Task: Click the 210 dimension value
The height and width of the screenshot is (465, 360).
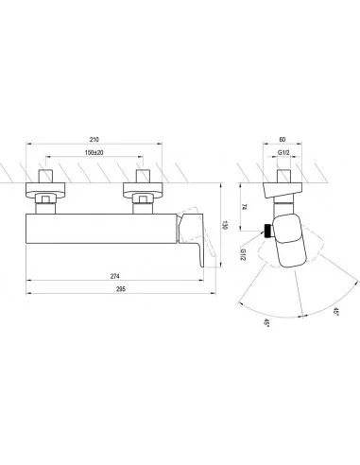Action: coord(94,139)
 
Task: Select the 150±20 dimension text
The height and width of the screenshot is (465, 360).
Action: coord(94,152)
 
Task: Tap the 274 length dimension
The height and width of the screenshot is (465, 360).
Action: coord(115,276)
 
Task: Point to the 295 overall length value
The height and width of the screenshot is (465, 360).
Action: coord(121,289)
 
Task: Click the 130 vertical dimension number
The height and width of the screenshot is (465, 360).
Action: coord(225,225)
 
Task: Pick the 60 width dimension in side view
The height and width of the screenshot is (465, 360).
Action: coord(283,139)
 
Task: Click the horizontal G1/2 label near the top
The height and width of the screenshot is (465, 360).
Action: coord(283,153)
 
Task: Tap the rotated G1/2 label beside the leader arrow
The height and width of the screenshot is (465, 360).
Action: coord(243,254)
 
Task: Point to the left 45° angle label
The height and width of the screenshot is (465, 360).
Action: coord(266,323)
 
